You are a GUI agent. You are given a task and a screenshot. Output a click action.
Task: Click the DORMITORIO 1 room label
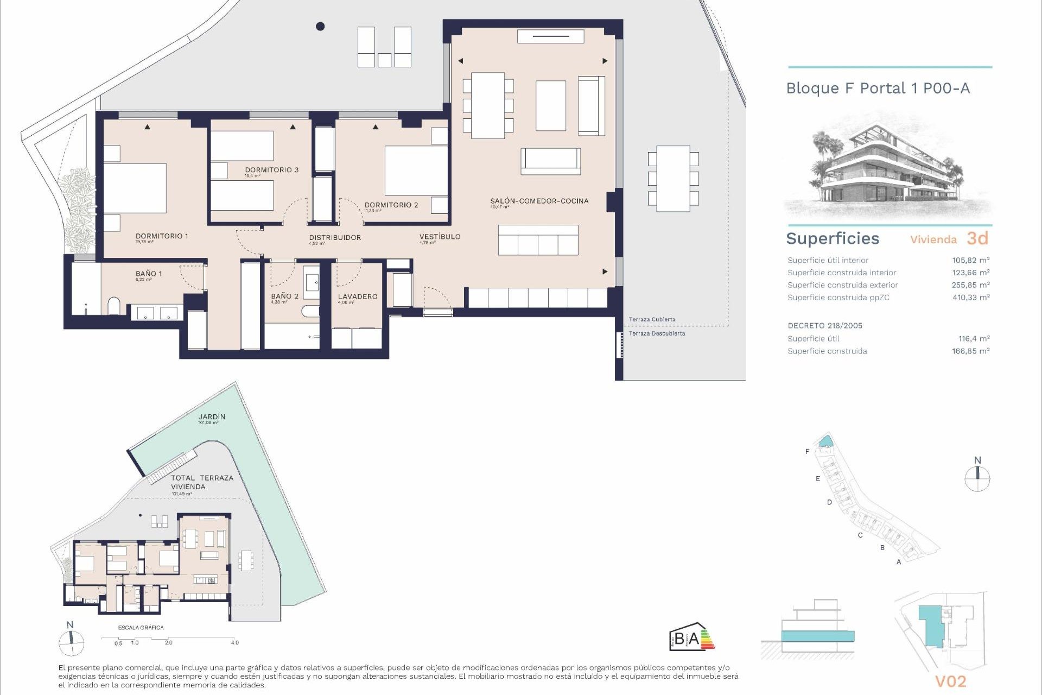(x=162, y=236)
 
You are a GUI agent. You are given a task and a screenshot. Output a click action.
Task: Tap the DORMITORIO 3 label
(x=271, y=170)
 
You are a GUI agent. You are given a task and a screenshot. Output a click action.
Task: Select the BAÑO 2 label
(x=284, y=296)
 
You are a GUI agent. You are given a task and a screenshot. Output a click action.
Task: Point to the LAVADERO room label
(x=357, y=297)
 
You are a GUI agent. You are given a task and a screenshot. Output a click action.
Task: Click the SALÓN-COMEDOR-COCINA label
(x=539, y=201)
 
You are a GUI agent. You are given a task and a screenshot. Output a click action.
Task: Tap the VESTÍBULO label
(x=440, y=237)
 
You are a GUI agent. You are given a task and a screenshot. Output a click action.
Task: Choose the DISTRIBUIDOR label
(x=335, y=238)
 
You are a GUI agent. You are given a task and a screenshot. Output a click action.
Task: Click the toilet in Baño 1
(x=114, y=306)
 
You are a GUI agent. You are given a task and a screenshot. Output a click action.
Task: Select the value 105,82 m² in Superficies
(x=970, y=261)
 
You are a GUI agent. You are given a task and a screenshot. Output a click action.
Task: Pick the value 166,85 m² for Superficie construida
(x=970, y=351)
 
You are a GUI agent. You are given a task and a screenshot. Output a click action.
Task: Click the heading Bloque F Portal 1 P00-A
(x=878, y=89)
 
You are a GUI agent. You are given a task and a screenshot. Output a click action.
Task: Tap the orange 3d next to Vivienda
(x=977, y=238)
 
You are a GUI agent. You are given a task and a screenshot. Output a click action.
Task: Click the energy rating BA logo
(x=691, y=637)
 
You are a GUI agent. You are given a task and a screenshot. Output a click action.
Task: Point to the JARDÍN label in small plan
(x=212, y=417)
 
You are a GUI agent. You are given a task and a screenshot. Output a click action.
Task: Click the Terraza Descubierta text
(x=657, y=333)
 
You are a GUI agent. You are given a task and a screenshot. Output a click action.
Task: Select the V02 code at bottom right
(x=950, y=681)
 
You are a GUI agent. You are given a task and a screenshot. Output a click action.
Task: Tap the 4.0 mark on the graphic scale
(x=234, y=643)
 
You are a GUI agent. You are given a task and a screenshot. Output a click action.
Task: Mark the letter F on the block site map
(x=807, y=452)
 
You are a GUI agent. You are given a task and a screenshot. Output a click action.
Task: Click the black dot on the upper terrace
(x=320, y=26)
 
